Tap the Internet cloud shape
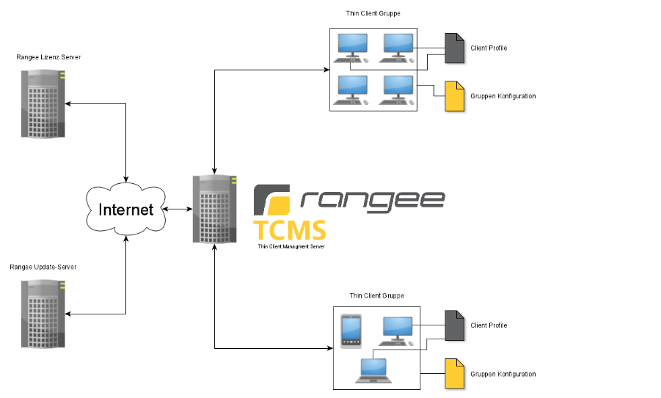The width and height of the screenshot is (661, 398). [126, 210]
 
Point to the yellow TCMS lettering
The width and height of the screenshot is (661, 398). [290, 230]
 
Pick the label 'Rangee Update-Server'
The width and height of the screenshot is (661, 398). [43, 268]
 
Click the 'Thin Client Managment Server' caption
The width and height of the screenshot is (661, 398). [291, 247]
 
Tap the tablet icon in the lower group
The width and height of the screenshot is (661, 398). [351, 331]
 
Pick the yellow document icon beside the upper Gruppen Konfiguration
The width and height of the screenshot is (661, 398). [455, 97]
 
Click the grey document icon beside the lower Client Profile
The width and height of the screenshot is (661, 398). [455, 325]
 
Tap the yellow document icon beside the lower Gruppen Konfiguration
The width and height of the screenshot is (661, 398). [455, 374]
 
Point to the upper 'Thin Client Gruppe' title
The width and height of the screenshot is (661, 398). [373, 13]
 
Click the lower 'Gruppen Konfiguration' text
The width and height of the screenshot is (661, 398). [503, 375]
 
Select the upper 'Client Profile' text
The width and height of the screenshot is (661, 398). [489, 48]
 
